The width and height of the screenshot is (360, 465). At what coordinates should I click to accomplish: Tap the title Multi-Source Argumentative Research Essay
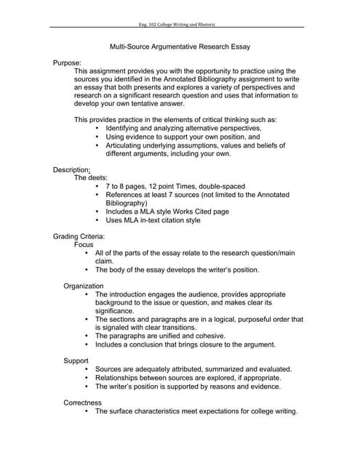tap(180, 47)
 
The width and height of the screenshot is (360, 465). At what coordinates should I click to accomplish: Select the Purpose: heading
tap(67, 63)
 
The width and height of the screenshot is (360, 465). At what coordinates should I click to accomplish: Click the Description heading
tap(71, 169)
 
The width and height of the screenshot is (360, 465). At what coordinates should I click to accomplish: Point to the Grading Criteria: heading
tap(79, 237)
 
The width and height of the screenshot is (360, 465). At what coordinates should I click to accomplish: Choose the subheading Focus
tap(84, 245)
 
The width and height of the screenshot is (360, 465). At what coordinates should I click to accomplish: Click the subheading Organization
tap(83, 286)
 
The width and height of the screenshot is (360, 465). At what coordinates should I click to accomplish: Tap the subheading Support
tap(76, 360)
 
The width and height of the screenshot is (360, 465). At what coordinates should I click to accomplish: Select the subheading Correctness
tap(82, 403)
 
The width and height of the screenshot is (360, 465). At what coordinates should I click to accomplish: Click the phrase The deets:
tap(91, 177)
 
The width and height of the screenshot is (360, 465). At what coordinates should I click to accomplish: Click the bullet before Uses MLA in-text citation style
tap(97, 220)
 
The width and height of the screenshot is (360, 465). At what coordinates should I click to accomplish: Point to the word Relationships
tap(126, 378)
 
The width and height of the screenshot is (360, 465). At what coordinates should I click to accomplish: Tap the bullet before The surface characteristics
tap(87, 411)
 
